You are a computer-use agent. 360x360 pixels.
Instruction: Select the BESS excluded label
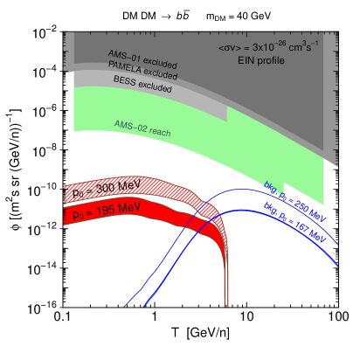[142, 84]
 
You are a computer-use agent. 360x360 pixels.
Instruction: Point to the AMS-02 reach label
[142, 128]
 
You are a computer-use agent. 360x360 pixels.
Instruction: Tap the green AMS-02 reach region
[201, 140]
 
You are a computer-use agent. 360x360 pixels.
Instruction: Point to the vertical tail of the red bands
[226, 280]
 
